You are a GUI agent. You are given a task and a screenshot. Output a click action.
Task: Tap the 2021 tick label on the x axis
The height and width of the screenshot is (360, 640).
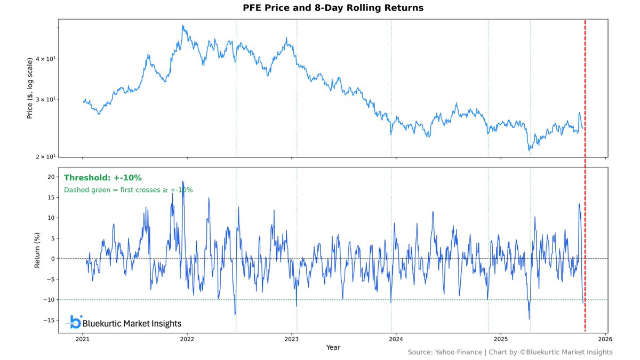83,339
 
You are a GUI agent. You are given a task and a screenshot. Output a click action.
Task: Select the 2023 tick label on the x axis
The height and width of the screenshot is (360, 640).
291,339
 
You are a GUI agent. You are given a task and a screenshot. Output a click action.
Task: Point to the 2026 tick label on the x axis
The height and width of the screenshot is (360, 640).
605,339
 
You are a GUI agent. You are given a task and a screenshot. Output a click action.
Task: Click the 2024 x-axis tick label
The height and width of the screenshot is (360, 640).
396,339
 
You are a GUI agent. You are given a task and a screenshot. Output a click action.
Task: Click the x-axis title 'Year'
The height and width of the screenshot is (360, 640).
333,348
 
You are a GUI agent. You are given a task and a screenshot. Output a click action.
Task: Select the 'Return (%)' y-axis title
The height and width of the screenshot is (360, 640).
37,250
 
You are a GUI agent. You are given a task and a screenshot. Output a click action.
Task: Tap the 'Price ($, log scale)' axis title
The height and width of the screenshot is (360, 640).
30,88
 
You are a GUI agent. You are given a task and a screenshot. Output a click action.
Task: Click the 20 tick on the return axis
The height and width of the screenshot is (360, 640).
50,177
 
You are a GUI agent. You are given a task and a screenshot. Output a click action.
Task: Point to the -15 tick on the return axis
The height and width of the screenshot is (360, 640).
49,320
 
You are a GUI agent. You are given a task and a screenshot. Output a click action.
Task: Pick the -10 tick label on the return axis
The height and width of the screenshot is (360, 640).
49,300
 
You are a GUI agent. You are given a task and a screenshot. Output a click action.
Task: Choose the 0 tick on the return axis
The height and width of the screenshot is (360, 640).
52,259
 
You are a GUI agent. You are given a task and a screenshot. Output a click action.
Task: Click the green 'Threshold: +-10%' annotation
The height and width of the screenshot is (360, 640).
102,178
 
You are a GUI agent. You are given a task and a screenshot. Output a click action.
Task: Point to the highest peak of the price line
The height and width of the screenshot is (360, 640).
183,25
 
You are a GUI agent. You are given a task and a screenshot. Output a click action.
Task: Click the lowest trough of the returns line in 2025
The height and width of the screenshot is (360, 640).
529,319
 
